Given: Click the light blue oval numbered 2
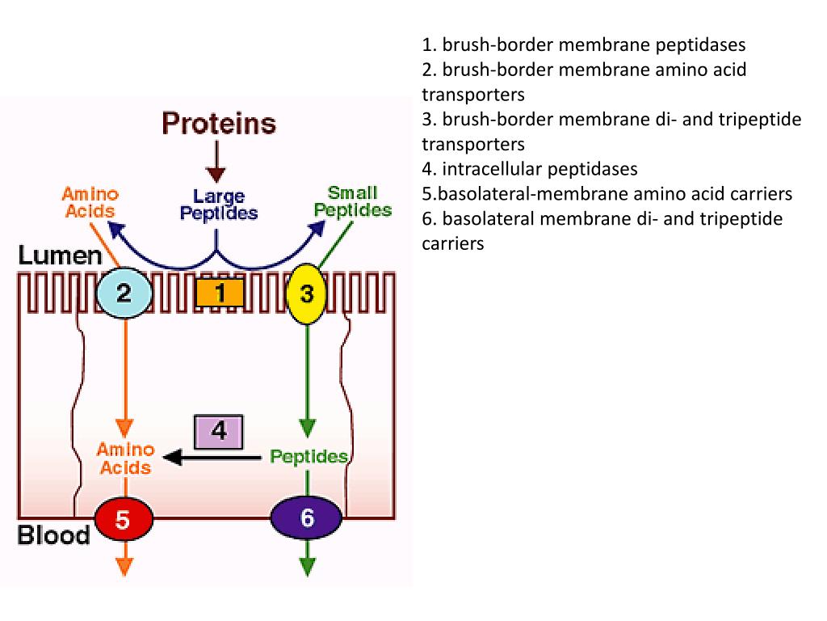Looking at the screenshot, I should (124, 292).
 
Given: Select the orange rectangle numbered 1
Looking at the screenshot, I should (219, 293).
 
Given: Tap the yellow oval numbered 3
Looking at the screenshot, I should (307, 294).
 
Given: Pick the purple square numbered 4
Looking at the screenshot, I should (219, 432).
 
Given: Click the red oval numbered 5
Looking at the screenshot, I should (123, 518).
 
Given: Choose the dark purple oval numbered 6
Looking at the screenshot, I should (307, 517).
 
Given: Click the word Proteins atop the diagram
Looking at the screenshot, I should (218, 125).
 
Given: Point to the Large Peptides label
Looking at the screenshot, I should (219, 205).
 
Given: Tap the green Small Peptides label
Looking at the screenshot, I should (353, 201).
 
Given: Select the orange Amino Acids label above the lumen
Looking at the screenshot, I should (90, 202).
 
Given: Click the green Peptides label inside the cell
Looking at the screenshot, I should (309, 457).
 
